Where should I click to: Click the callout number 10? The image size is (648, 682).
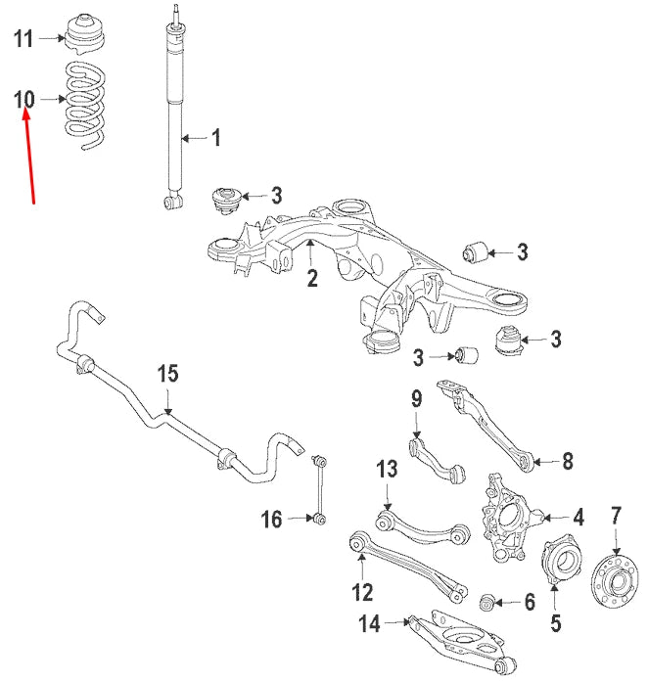click(x=24, y=99)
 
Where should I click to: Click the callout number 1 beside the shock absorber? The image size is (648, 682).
click(x=215, y=138)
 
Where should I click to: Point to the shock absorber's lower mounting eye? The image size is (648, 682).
click(x=172, y=202)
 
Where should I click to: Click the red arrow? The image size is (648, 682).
click(x=29, y=157)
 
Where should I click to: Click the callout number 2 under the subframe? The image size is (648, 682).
click(x=311, y=279)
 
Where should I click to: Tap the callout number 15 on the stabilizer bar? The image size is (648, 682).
click(x=167, y=373)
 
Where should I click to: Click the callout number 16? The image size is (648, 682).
click(x=271, y=518)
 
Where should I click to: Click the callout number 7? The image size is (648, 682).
click(x=616, y=515)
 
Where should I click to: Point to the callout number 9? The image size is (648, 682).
click(x=415, y=398)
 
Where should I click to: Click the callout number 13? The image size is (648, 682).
click(x=388, y=469)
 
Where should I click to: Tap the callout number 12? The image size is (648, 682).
click(x=362, y=591)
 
